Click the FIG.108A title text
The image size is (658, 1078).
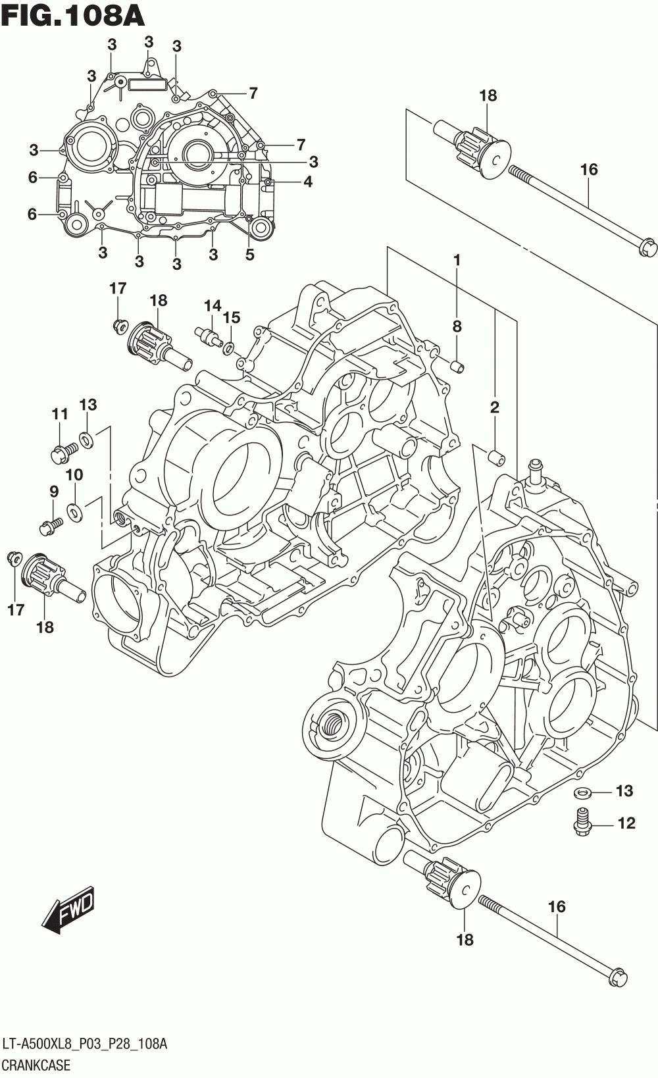pos(72,15)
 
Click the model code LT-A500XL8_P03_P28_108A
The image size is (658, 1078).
pos(84,1044)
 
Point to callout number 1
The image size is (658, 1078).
pos(457,260)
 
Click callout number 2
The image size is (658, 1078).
pos(494,407)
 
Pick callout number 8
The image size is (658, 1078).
pos(457,326)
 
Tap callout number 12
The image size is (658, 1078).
pos(626,823)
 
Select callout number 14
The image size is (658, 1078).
pos(212,305)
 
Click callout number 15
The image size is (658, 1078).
pos(231,318)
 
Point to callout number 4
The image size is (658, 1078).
pos(307,182)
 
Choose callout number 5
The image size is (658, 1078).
pos(249,255)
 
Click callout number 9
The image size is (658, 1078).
pos(53,491)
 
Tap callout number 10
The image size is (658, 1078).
pos(74,475)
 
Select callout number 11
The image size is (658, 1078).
pos(60,414)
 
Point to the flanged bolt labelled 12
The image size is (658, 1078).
pos(580,821)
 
